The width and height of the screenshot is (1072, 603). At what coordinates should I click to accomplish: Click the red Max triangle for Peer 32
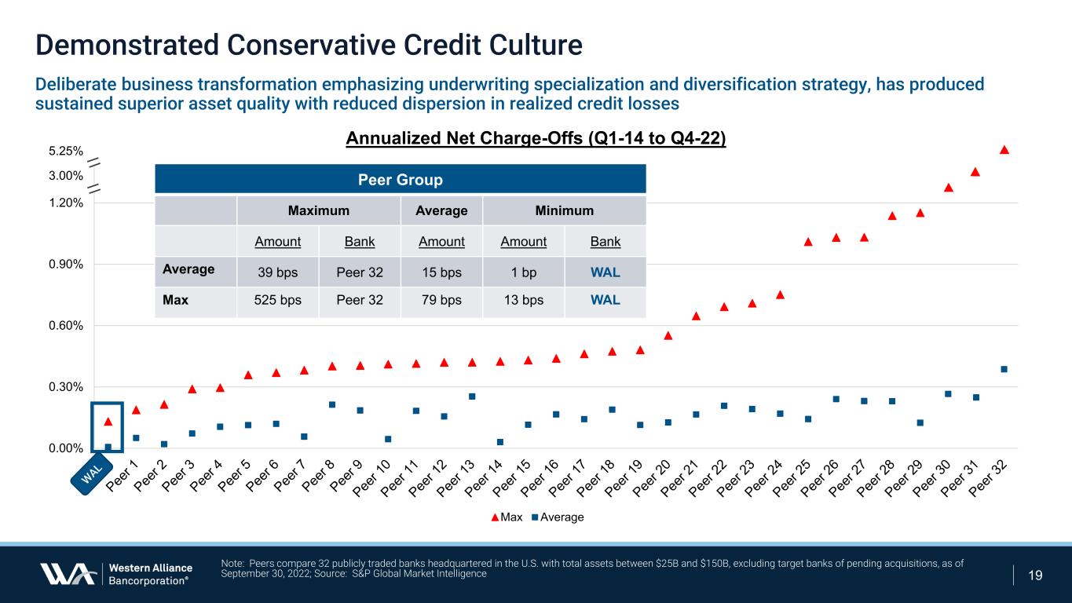tap(1004, 149)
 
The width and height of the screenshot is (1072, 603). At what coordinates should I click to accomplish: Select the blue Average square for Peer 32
tap(1004, 369)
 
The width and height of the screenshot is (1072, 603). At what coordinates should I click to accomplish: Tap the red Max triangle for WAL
tap(108, 422)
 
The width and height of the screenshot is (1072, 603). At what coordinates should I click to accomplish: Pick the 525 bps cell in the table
tap(277, 301)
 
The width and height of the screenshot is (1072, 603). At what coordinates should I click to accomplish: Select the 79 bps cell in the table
tap(441, 301)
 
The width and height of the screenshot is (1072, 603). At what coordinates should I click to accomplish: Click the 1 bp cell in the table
tap(523, 272)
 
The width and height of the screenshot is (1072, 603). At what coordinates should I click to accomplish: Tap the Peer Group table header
tap(400, 180)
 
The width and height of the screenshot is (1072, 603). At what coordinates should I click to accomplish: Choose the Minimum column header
tap(563, 210)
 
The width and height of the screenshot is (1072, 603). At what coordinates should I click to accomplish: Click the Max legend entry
tap(507, 517)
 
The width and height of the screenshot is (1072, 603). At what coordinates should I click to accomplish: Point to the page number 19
tap(1035, 576)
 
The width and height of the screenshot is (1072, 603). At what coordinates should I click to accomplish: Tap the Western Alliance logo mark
tap(68, 574)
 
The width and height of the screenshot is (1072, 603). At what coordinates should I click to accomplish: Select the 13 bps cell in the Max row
tap(523, 301)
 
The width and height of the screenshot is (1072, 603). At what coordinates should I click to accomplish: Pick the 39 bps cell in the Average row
tap(277, 272)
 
